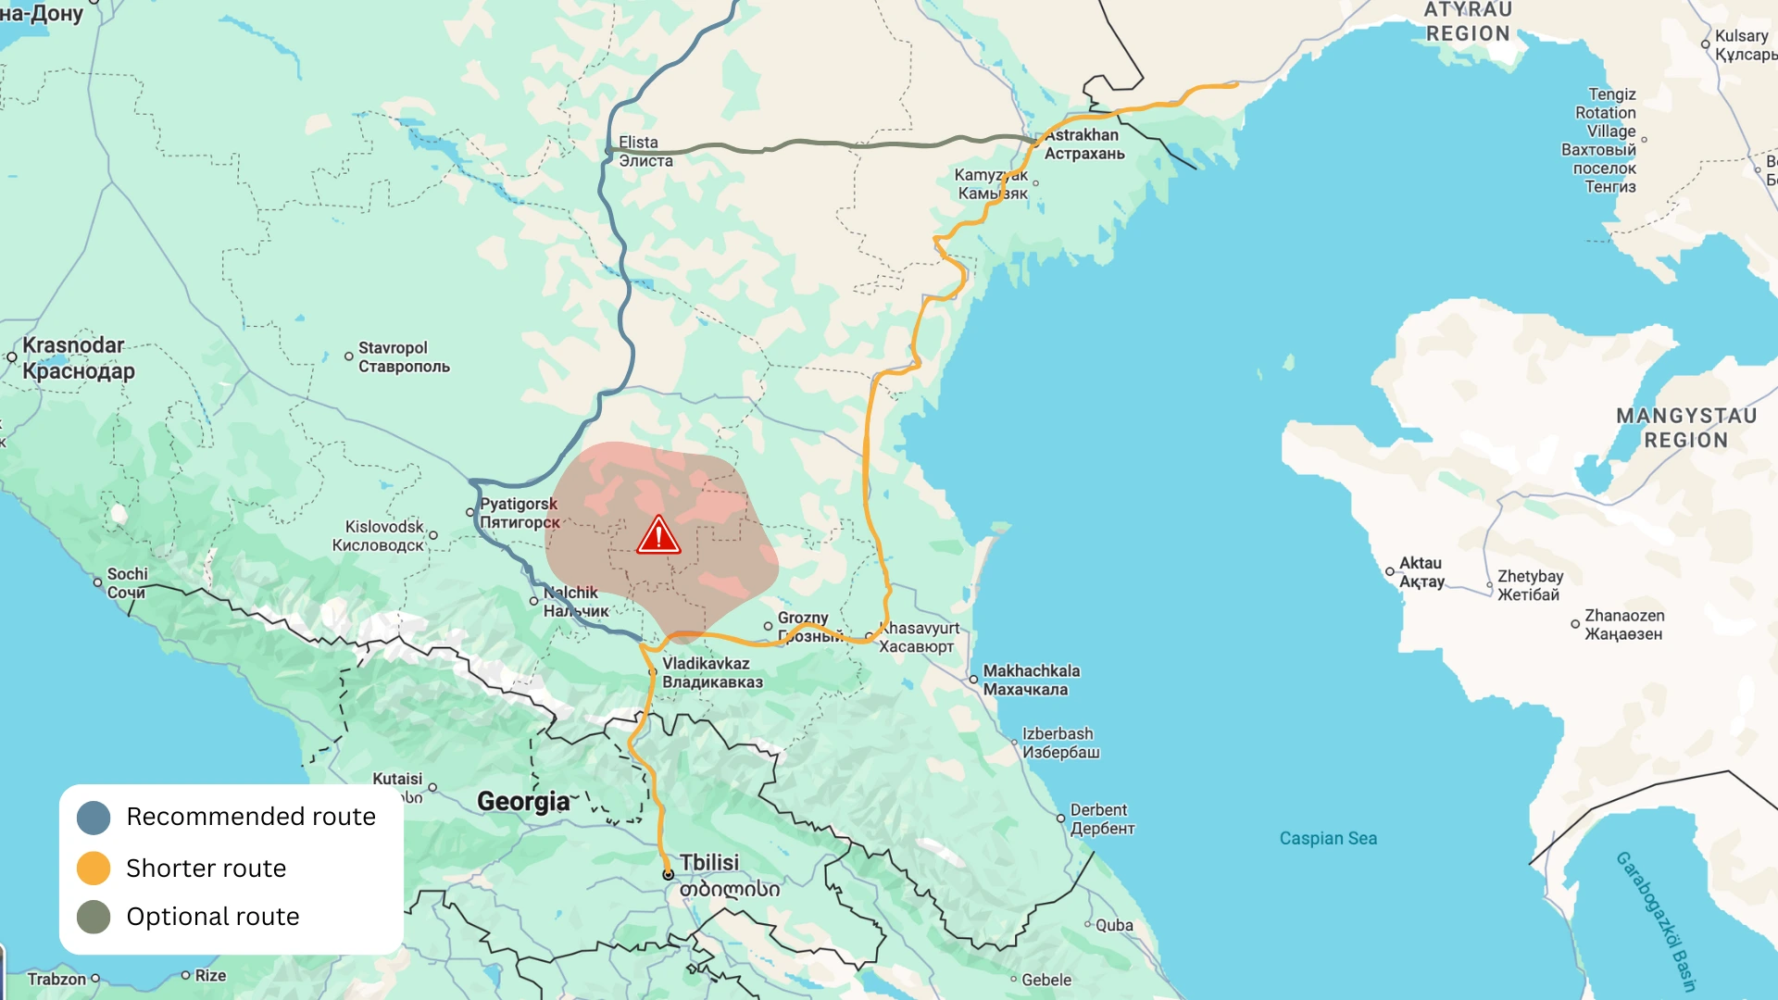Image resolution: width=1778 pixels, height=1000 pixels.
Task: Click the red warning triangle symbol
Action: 658,536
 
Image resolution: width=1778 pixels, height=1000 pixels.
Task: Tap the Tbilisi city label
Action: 709,863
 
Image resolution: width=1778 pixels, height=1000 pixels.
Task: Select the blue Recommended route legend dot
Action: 94,818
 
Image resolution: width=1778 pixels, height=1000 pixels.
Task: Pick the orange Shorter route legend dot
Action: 94,869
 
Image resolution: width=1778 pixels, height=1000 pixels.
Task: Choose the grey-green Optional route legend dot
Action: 94,917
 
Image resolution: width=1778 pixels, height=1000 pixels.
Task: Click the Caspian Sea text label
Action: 1328,839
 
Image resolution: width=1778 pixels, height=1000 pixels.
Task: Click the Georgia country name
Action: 523,802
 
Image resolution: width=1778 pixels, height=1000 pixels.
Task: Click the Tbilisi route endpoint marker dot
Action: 668,874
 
